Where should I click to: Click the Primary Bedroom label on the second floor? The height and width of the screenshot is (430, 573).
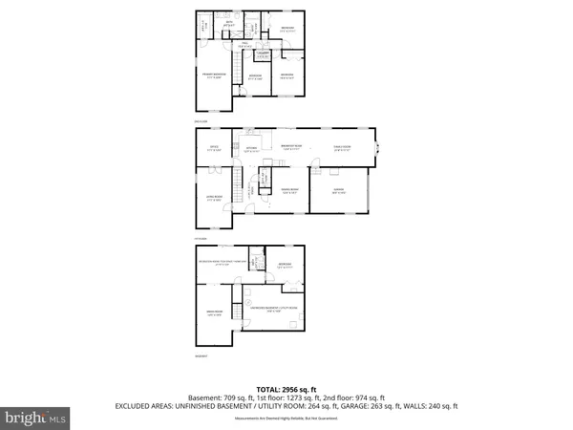pos(213,75)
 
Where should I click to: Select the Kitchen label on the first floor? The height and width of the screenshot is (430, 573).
pos(252,149)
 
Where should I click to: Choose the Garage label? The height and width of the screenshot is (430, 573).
pos(339,193)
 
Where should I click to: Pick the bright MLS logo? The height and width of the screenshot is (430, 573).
pos(35,418)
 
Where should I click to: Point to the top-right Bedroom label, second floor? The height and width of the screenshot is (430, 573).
pos(286,30)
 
